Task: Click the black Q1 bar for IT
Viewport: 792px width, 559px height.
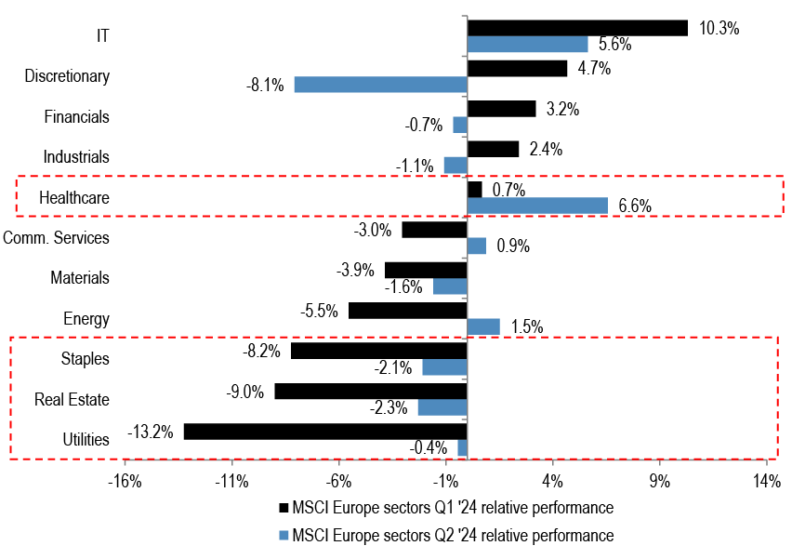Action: (577, 28)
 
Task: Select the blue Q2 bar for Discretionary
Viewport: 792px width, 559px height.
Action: (380, 85)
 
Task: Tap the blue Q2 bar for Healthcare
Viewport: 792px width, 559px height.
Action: (537, 206)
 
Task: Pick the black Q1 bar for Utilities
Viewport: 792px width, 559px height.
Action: (325, 432)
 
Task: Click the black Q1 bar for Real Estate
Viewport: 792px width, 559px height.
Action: (370, 392)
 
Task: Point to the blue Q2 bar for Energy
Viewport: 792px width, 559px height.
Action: (483, 326)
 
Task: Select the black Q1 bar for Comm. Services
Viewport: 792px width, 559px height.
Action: (434, 230)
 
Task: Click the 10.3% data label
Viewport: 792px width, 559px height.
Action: (719, 29)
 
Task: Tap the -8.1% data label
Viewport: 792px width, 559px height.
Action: (265, 86)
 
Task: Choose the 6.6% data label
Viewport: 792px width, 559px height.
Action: (635, 206)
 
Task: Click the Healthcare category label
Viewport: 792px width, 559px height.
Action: (74, 198)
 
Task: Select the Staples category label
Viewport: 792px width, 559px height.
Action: (85, 359)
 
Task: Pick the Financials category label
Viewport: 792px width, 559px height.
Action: (77, 117)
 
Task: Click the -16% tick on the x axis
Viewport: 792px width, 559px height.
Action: (125, 482)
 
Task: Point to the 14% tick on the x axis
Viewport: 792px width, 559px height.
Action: (766, 482)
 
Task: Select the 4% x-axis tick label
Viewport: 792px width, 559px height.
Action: (552, 482)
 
